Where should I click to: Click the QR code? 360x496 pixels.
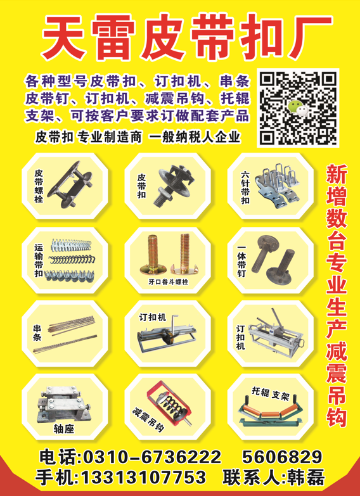(x=298, y=108)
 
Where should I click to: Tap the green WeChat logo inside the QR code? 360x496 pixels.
(x=298, y=107)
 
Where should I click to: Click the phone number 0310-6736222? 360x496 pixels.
(x=151, y=457)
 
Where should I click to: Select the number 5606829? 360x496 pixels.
(x=283, y=457)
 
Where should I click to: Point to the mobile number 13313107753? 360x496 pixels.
(x=143, y=477)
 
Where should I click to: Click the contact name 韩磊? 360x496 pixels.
(x=305, y=478)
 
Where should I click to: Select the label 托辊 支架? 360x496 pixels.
(x=269, y=394)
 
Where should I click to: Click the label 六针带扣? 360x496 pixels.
(x=245, y=188)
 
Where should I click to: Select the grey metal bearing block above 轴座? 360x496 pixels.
(x=63, y=404)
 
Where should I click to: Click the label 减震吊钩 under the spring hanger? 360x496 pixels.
(x=148, y=420)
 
